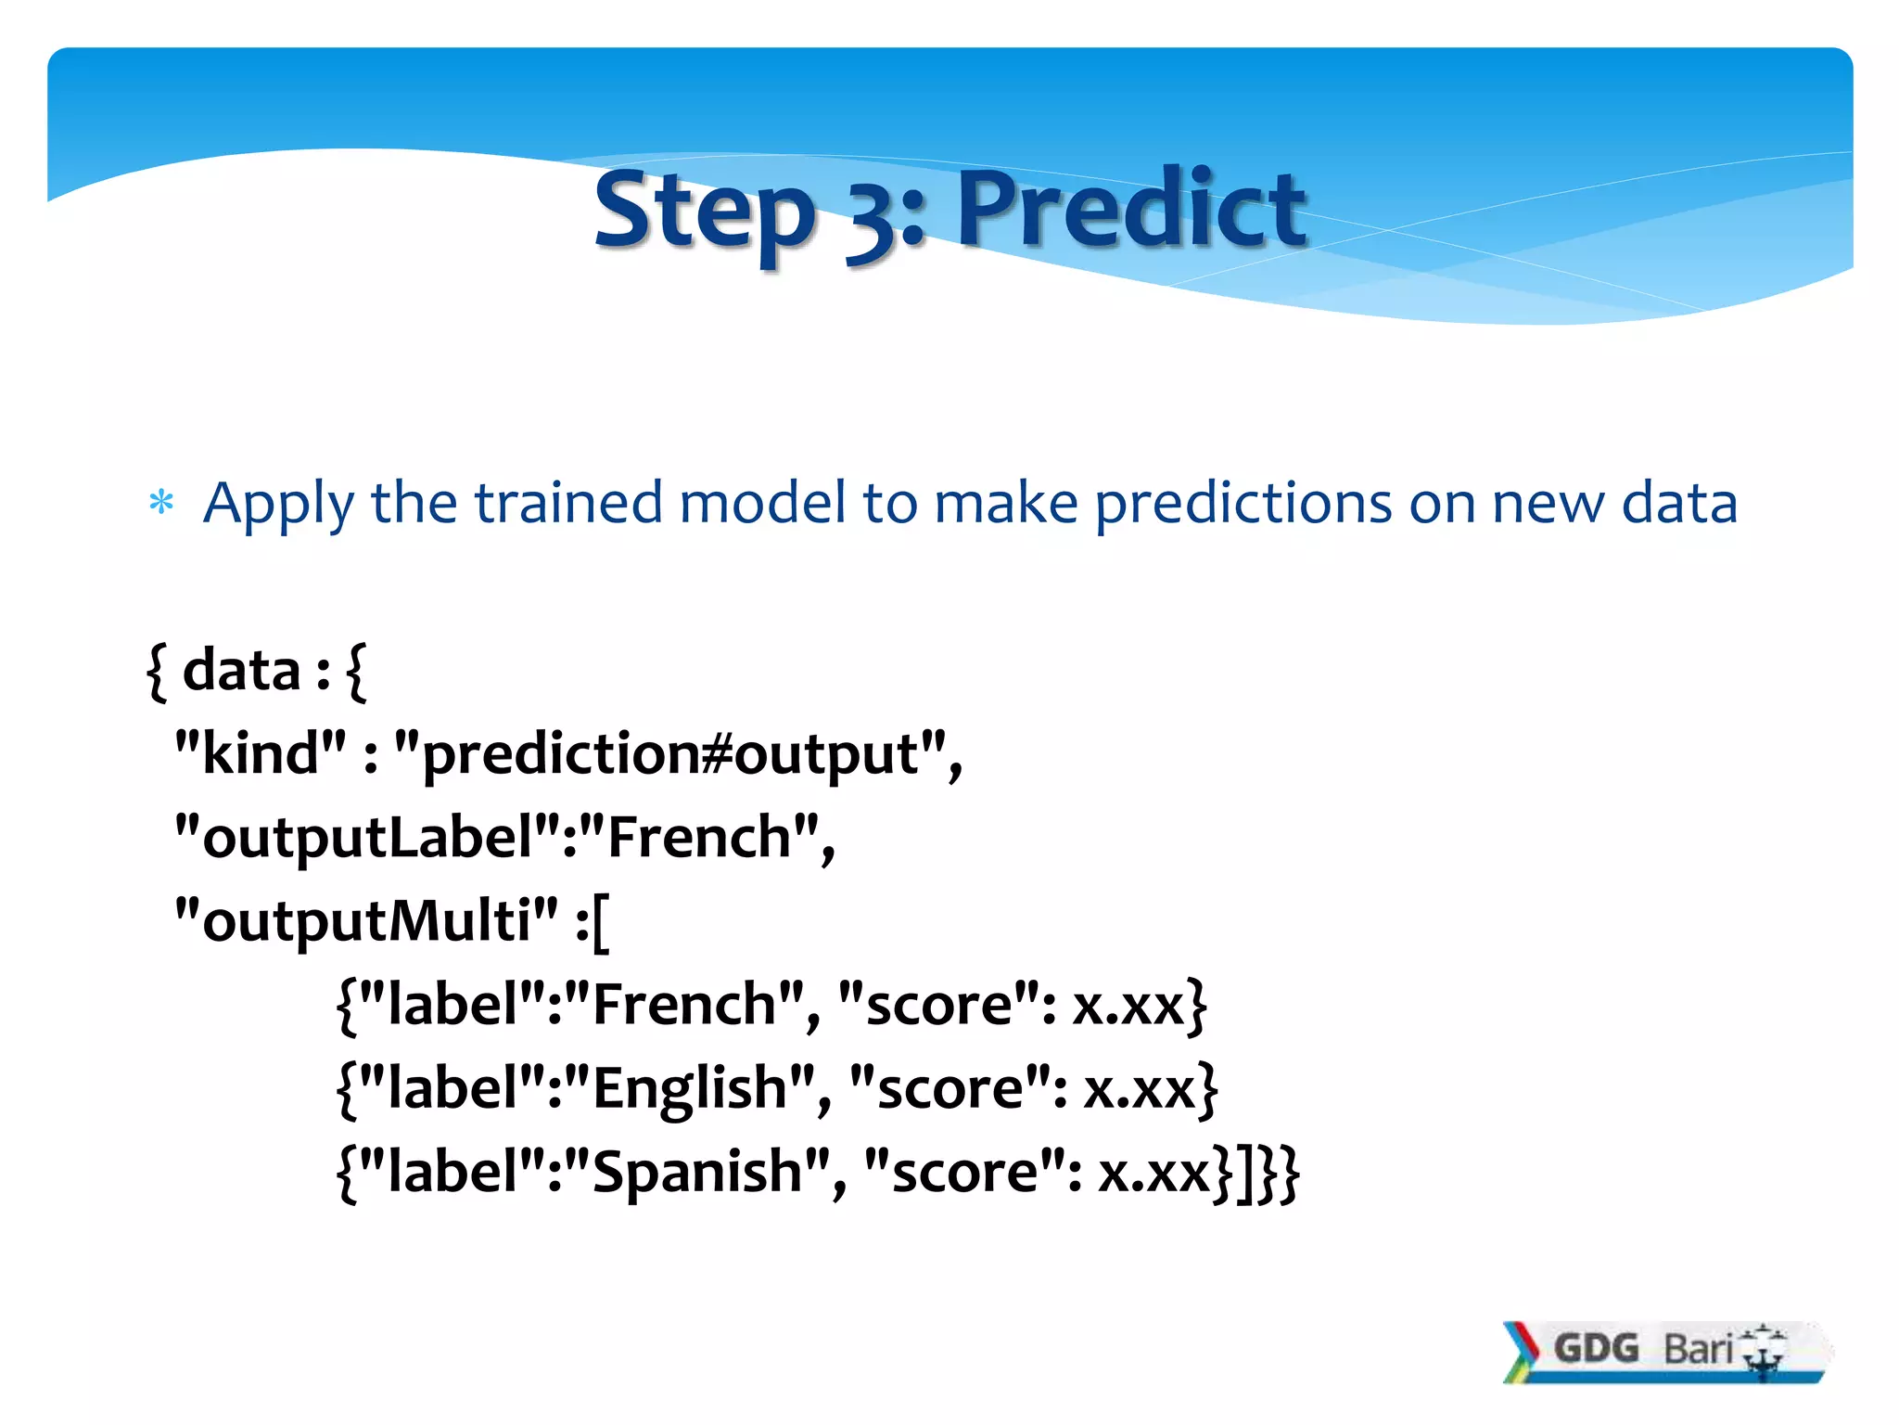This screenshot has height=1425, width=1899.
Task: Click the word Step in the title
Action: click(x=703, y=212)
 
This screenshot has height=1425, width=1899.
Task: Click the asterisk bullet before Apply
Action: click(x=161, y=504)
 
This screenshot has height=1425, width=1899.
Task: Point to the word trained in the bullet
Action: click(x=568, y=504)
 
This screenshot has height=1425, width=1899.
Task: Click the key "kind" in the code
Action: click(x=261, y=752)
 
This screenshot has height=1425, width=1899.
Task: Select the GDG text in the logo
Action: click(x=1596, y=1348)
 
